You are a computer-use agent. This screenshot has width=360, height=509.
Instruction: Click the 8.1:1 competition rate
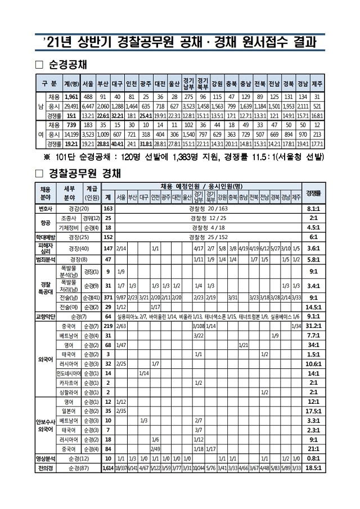pyautogui.click(x=314, y=208)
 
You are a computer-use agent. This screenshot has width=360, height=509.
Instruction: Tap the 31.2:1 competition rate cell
pyautogui.click(x=314, y=326)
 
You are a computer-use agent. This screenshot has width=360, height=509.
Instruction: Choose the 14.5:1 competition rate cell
pyautogui.click(x=314, y=307)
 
